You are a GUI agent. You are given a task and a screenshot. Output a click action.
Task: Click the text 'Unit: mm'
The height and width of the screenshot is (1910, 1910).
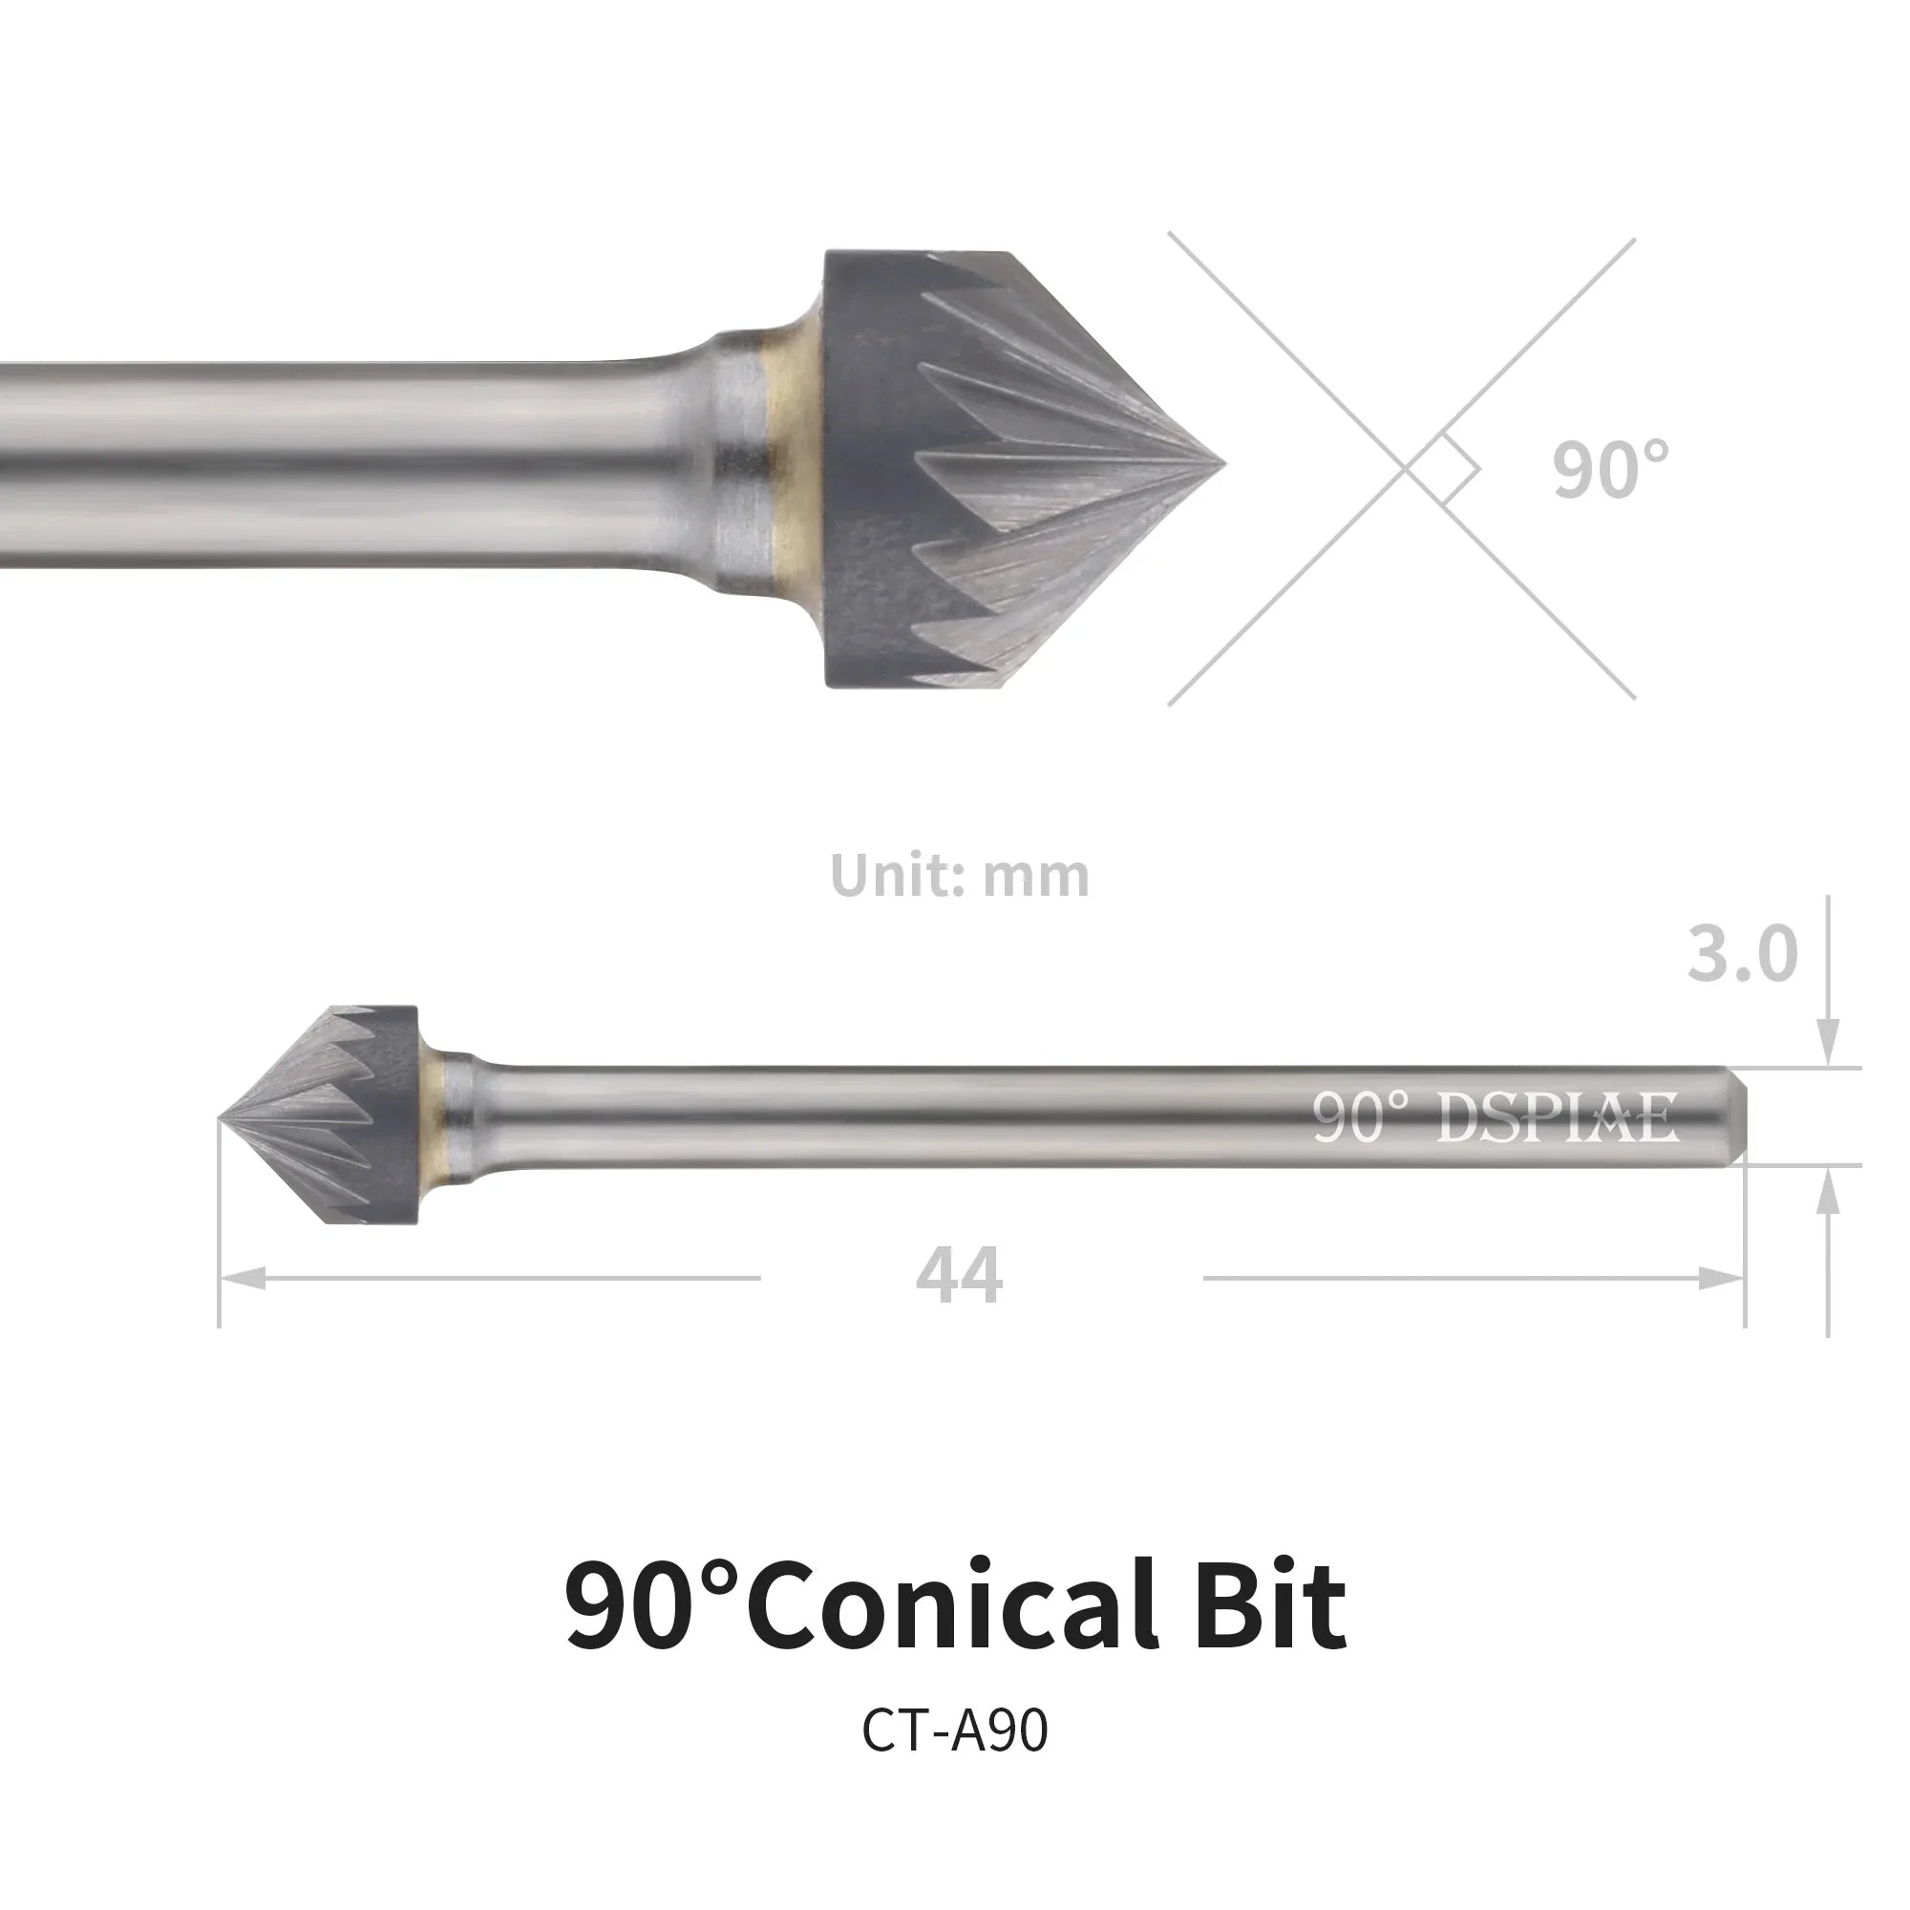[x=959, y=875]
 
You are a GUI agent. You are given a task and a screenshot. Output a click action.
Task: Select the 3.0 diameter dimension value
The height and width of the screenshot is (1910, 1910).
[x=1742, y=955]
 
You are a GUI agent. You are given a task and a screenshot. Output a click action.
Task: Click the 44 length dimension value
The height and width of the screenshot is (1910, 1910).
[x=959, y=1276]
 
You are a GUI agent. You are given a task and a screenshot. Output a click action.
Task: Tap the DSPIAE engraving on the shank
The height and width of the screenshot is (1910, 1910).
[x=1557, y=1117]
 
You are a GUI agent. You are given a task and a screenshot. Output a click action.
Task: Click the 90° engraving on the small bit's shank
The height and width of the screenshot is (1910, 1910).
[x=1359, y=1117]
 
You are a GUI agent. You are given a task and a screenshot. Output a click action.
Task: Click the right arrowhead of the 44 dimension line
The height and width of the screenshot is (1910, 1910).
[x=1721, y=1279]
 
